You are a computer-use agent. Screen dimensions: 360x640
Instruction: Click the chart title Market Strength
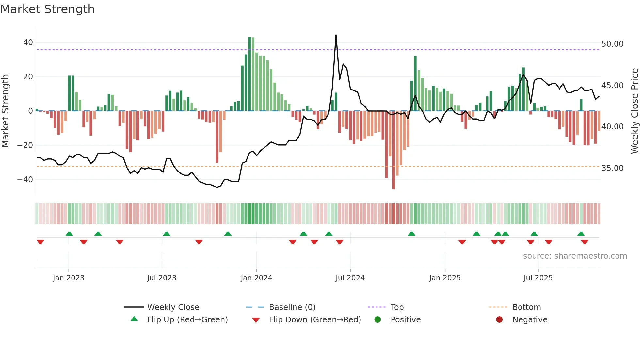pyautogui.click(x=48, y=9)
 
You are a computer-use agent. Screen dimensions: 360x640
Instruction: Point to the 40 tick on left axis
pyautogui.click(x=28, y=42)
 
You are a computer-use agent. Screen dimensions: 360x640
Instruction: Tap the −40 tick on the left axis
pyautogui.click(x=25, y=179)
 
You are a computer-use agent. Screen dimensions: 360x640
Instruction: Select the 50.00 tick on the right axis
pyautogui.click(x=612, y=44)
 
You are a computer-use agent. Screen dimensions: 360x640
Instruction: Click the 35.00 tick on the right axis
pyautogui.click(x=612, y=168)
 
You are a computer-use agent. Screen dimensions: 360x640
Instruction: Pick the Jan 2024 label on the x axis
pyautogui.click(x=256, y=278)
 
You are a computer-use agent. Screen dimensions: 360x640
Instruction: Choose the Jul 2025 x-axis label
pyautogui.click(x=538, y=278)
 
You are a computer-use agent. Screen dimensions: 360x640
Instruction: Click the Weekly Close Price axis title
pyautogui.click(x=634, y=111)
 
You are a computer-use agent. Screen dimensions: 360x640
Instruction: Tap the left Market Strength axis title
pyautogui.click(x=6, y=111)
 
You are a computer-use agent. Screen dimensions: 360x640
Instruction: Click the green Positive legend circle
pyautogui.click(x=378, y=320)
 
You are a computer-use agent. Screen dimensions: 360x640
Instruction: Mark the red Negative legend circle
pyautogui.click(x=499, y=320)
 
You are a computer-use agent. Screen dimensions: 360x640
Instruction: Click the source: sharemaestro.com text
pyautogui.click(x=575, y=256)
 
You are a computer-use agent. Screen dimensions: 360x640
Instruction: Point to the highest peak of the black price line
pyautogui.click(x=336, y=35)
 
